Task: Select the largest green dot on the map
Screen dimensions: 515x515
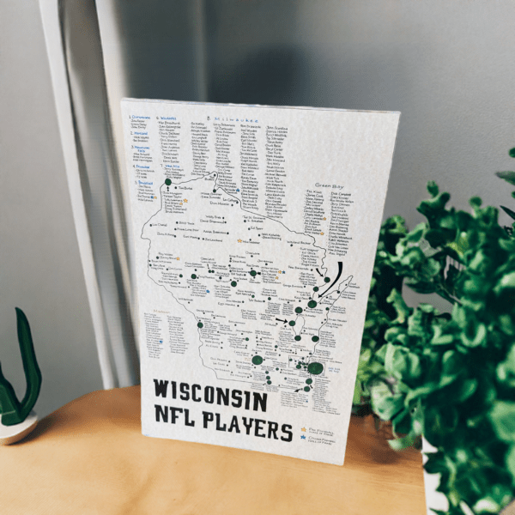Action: pyautogui.click(x=315, y=368)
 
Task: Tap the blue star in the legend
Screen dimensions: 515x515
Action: pyautogui.click(x=303, y=439)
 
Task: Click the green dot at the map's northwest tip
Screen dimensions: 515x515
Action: pyautogui.click(x=168, y=181)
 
